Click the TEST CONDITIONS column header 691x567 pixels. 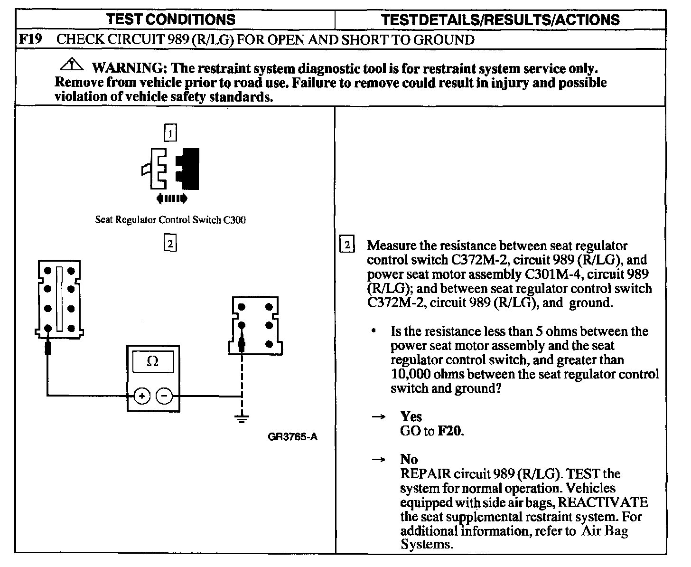pyautogui.click(x=170, y=19)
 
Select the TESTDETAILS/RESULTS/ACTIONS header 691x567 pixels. pyautogui.click(x=500, y=19)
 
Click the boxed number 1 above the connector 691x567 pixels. pyautogui.click(x=170, y=133)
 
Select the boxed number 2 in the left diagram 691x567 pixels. pyautogui.click(x=170, y=244)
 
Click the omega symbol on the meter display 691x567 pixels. pyautogui.click(x=152, y=362)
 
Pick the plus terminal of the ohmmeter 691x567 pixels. pyautogui.click(x=141, y=395)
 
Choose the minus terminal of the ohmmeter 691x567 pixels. pyautogui.click(x=164, y=395)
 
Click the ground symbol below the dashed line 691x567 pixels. pyautogui.click(x=242, y=418)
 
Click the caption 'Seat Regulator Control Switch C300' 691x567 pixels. pyautogui.click(x=170, y=220)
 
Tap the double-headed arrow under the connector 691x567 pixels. pyautogui.click(x=171, y=198)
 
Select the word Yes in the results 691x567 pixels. pyautogui.click(x=411, y=416)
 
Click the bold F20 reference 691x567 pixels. pyautogui.click(x=449, y=431)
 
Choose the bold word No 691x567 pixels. pyautogui.click(x=409, y=459)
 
